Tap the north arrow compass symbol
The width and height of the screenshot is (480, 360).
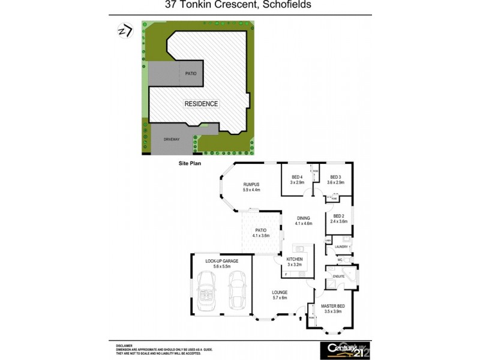[124, 31]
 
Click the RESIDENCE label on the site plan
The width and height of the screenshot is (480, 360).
[201, 103]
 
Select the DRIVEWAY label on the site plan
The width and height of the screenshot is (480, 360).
[172, 139]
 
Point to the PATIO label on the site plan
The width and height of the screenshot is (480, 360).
[191, 73]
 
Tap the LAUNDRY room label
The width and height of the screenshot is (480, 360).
[343, 247]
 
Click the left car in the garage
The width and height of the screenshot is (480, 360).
[208, 290]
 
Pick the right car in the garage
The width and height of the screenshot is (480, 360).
[237, 290]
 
